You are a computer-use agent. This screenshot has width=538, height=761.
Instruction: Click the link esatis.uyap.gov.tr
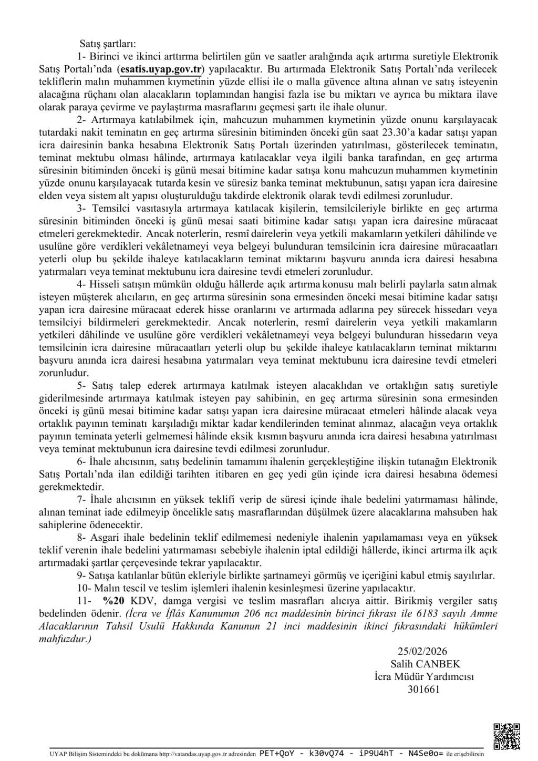click(161, 69)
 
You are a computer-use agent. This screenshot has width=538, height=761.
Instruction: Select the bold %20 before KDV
click(114, 601)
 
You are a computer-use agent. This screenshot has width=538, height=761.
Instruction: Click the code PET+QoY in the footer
click(277, 753)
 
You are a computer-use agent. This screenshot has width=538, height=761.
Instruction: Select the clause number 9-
click(82, 575)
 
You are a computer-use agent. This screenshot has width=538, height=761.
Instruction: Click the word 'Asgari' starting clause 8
click(104, 538)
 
